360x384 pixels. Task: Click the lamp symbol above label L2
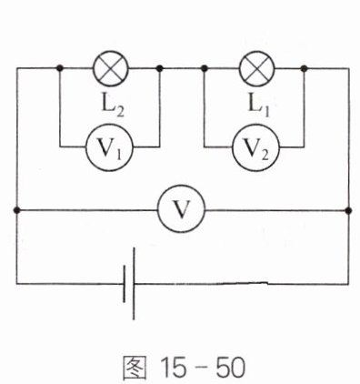(x=111, y=68)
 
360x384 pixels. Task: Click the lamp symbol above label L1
(x=257, y=68)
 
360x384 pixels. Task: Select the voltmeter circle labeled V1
(x=109, y=147)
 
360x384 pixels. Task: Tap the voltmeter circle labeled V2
(x=256, y=147)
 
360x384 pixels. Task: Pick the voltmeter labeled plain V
(x=182, y=209)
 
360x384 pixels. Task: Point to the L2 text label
(x=113, y=106)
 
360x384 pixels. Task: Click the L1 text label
(x=258, y=106)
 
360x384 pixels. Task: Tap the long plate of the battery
(x=134, y=284)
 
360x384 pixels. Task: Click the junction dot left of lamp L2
(x=60, y=68)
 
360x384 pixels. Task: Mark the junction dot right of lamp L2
(x=160, y=68)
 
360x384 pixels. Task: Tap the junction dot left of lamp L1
(x=205, y=68)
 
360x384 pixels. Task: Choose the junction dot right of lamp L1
(x=305, y=68)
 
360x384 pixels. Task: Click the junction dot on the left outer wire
(x=17, y=209)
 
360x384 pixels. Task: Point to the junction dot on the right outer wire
(x=348, y=209)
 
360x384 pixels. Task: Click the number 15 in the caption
(x=174, y=367)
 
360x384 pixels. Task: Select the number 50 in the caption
(x=231, y=367)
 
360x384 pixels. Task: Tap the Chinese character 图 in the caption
(x=135, y=367)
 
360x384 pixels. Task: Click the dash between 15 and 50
(x=201, y=369)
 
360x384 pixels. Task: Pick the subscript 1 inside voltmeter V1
(x=118, y=155)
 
